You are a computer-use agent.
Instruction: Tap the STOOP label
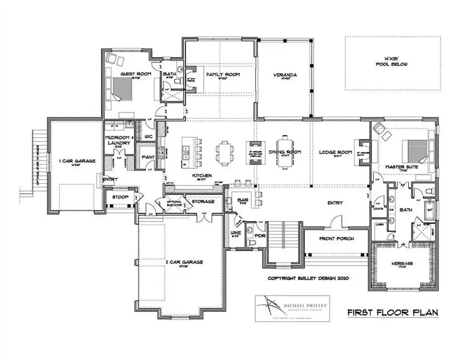click(x=120, y=197)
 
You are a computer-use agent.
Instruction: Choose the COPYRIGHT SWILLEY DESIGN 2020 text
click(x=309, y=278)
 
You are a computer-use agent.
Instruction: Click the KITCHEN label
click(x=202, y=176)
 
